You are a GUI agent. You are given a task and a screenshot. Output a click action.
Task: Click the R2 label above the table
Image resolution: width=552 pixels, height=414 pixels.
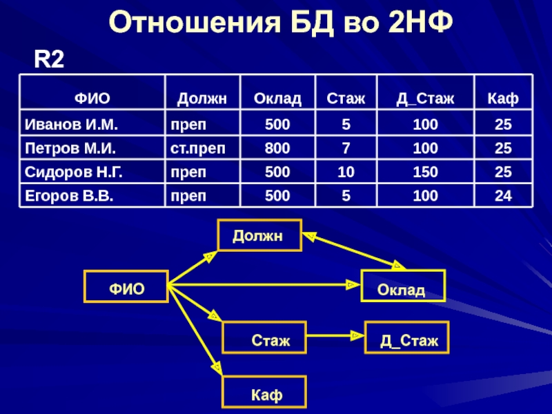50,60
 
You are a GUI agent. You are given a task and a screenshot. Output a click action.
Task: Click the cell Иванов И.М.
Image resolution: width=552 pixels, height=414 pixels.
72,125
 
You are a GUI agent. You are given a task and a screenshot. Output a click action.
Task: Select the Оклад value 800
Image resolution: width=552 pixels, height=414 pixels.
277,148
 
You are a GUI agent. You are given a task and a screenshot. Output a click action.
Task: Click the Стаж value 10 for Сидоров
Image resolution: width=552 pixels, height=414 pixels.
346,172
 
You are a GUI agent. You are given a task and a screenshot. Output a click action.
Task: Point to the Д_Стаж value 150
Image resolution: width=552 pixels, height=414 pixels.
425,172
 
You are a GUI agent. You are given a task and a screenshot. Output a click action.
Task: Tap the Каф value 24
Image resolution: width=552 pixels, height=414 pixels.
503,195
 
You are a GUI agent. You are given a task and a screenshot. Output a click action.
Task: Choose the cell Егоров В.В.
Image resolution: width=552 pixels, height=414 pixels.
69,195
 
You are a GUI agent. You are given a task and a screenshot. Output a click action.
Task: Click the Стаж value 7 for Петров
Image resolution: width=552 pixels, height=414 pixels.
346,148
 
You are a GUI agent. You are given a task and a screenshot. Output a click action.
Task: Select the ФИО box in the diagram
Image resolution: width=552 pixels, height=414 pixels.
126,286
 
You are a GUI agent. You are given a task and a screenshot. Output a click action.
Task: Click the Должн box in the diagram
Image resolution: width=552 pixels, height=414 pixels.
259,236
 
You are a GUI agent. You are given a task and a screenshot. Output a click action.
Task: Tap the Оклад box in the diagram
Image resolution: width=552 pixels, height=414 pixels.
404,286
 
